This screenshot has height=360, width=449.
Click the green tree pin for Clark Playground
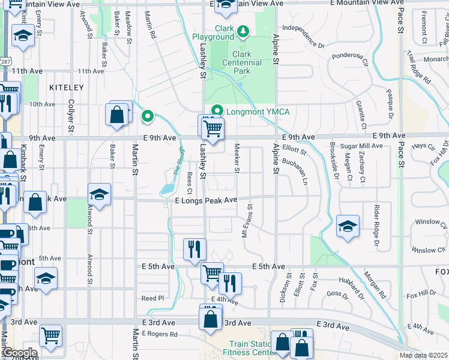[243, 30]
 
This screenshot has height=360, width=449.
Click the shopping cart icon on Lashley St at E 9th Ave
[212, 128]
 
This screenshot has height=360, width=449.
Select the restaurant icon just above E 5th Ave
[194, 249]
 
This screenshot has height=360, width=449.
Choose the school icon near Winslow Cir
[348, 226]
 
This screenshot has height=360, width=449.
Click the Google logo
[19, 353]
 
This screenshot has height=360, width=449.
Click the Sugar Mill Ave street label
[361, 146]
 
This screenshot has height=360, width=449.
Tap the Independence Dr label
[303, 36]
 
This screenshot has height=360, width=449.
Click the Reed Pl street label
[152, 298]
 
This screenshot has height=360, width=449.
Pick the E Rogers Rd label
[160, 334]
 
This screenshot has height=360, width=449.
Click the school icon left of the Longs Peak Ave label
[100, 194]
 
